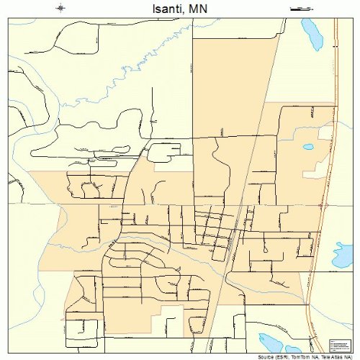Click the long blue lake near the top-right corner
click(x=312, y=32)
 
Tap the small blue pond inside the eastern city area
click(x=308, y=147)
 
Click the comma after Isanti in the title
click(x=186, y=11)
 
